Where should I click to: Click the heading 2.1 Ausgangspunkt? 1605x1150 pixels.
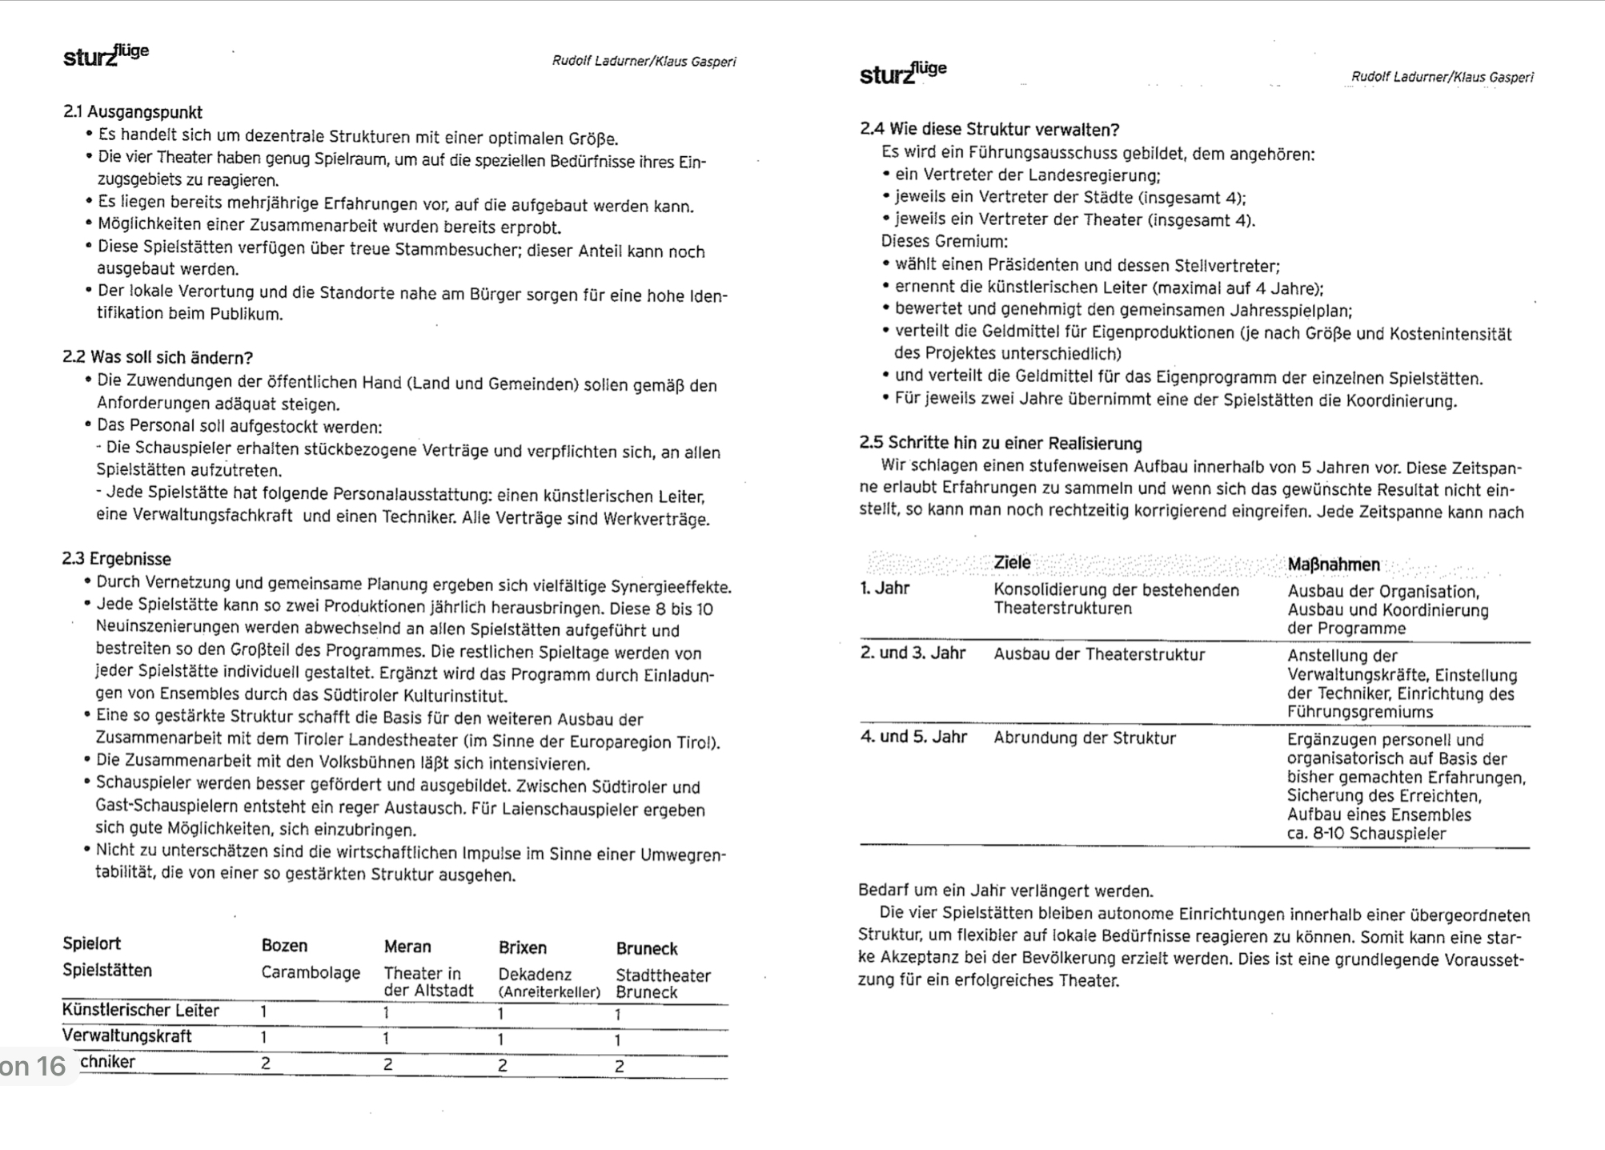(132, 112)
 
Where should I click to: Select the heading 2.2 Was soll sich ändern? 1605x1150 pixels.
(158, 357)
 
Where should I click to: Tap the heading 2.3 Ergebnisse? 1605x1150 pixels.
(117, 559)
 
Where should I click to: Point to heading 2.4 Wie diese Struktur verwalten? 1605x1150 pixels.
(989, 130)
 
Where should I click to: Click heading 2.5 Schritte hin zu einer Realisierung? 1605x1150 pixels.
(1001, 444)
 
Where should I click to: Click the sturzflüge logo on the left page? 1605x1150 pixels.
(106, 55)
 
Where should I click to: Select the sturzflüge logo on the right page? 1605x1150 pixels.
(903, 72)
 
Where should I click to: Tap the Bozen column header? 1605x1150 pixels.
(284, 946)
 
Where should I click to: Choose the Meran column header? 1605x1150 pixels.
(407, 947)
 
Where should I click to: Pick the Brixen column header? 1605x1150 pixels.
(523, 947)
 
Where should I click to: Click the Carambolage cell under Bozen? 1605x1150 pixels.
(311, 973)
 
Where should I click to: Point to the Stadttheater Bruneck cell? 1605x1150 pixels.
(663, 983)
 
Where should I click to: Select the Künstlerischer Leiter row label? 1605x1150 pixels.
(140, 1011)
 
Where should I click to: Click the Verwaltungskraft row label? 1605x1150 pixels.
(126, 1036)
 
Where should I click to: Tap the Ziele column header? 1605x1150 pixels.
(1012, 563)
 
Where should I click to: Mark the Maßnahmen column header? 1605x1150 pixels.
(1334, 565)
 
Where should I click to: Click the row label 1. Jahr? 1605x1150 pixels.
(885, 589)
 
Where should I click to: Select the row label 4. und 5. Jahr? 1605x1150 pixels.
(913, 737)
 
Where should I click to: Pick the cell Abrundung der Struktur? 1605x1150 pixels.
(1085, 738)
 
